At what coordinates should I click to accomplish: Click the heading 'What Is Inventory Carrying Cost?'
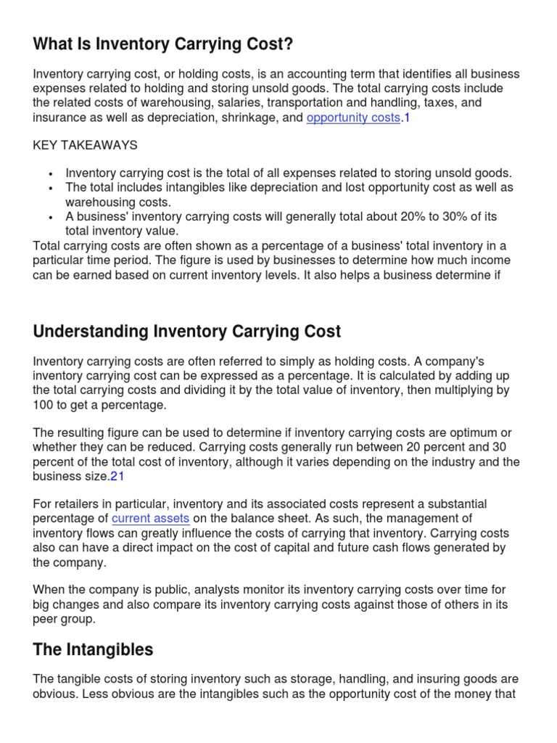coord(163,44)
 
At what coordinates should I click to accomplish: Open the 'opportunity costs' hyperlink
coord(353,118)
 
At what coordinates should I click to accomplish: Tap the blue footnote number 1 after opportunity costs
coord(407,118)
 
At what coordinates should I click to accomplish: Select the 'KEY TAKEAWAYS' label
coord(85,145)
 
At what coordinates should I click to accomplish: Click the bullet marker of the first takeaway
coord(50,174)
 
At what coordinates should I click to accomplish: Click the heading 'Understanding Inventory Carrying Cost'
coord(186,332)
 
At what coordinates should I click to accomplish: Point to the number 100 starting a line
coord(43,405)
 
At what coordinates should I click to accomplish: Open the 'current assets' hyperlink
coord(150,518)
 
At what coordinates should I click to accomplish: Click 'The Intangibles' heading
coord(93,649)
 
